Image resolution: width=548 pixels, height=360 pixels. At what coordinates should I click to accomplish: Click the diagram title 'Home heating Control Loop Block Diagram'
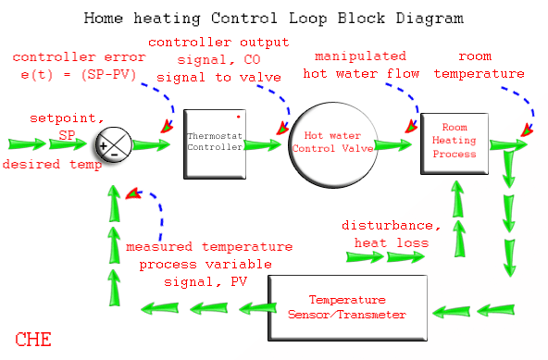[274, 18]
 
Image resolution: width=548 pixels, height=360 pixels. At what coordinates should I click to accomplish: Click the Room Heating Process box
[454, 143]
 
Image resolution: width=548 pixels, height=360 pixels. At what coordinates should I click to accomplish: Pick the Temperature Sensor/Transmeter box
[347, 307]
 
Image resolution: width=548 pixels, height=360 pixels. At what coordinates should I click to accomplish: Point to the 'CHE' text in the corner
[33, 340]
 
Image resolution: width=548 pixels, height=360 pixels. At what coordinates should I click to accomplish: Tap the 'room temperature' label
[491, 64]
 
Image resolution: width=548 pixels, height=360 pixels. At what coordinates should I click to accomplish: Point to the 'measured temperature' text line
[209, 247]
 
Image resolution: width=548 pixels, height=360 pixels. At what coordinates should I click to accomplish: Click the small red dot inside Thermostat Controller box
[238, 118]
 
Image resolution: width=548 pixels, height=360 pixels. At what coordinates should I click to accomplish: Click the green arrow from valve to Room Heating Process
[396, 144]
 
